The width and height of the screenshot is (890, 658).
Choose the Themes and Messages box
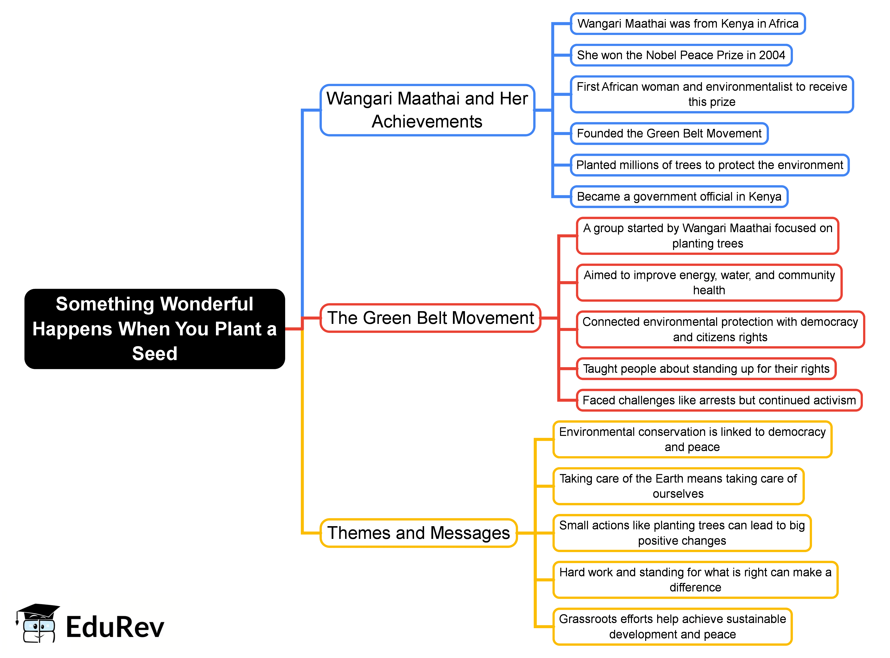418,533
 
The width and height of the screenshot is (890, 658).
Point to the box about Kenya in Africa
688,23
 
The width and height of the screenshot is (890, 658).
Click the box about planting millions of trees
709,165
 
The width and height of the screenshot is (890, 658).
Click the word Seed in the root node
155,354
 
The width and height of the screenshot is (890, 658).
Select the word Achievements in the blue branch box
427,122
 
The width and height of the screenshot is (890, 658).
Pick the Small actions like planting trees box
682,533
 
